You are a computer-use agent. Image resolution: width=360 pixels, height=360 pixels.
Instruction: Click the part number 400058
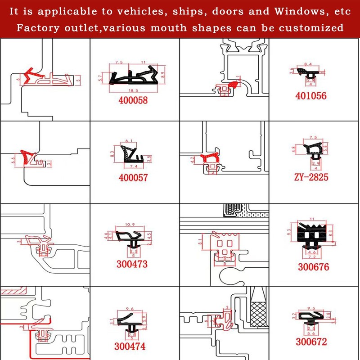(x=133, y=101)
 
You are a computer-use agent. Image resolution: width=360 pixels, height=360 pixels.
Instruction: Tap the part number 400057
(x=133, y=178)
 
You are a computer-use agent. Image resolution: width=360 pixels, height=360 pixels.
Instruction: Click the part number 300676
(x=313, y=267)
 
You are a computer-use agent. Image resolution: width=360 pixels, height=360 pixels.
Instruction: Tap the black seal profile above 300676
(x=312, y=234)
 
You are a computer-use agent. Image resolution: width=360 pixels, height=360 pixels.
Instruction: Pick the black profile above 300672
(x=311, y=319)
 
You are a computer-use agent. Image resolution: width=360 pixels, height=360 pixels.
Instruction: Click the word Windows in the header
(x=290, y=11)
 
